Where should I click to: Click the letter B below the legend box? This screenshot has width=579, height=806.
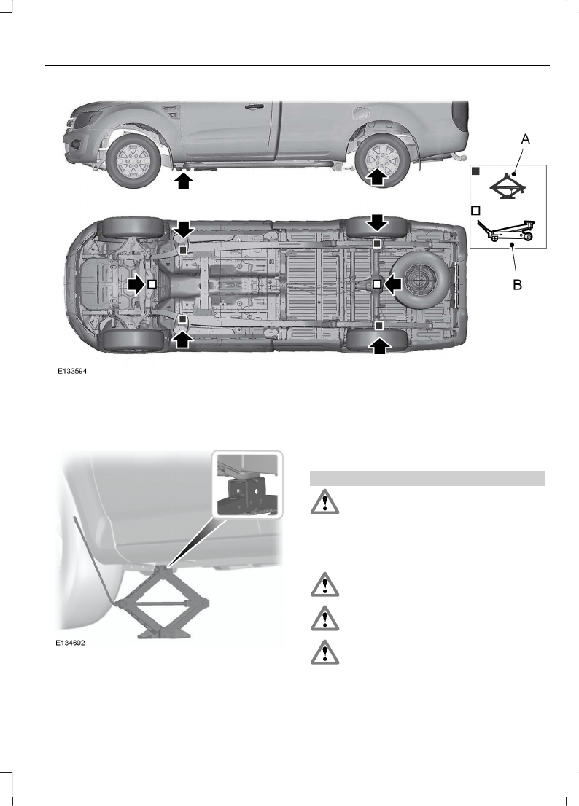point(517,286)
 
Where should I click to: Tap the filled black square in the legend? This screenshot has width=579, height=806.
point(475,172)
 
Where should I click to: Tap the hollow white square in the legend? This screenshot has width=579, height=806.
point(475,210)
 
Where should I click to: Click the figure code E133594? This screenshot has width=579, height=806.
point(74,370)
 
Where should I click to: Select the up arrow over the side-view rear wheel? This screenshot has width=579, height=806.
point(376,178)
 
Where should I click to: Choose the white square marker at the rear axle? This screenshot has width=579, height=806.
point(376,283)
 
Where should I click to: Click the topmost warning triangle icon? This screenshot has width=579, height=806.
point(322,504)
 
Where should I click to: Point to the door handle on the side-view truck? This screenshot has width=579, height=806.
point(254,106)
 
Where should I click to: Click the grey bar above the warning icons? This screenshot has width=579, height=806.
point(427,478)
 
